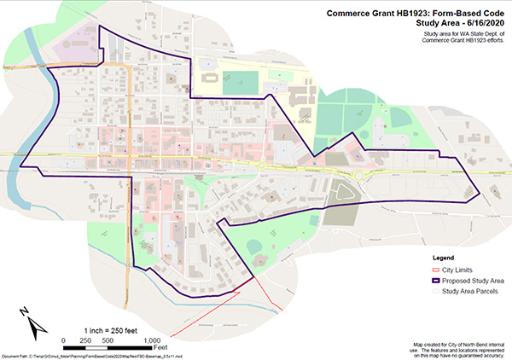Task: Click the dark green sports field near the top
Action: coord(234,84)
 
